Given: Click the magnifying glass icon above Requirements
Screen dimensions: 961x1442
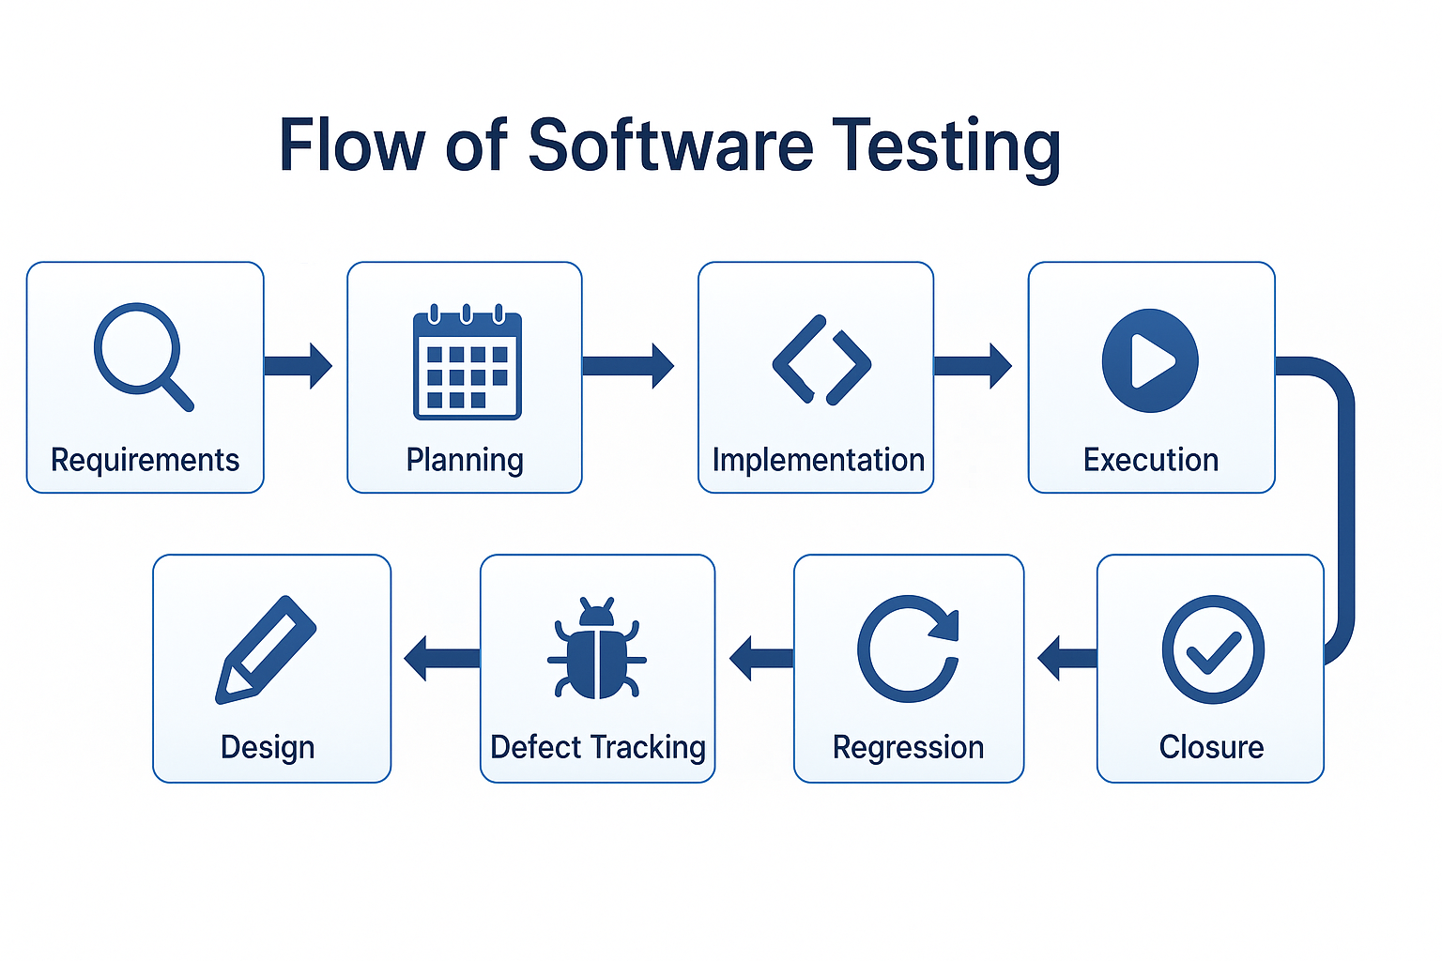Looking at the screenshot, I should pyautogui.click(x=141, y=355).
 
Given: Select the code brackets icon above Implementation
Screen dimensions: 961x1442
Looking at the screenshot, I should pyautogui.click(x=821, y=360).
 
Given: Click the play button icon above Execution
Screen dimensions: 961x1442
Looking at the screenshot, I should pyautogui.click(x=1150, y=360).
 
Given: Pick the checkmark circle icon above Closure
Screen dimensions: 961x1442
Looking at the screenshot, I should pyautogui.click(x=1213, y=649).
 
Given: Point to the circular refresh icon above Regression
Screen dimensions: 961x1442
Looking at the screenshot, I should pyautogui.click(x=908, y=648).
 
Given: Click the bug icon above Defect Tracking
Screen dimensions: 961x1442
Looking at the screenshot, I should pyautogui.click(x=597, y=649).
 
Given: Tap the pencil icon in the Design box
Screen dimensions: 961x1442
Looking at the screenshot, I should pyautogui.click(x=266, y=648).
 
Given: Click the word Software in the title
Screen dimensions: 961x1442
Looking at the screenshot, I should pyautogui.click(x=670, y=145).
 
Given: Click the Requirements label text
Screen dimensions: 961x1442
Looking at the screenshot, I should pyautogui.click(x=146, y=460).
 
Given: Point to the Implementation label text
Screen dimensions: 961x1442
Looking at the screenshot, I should pyautogui.click(x=818, y=460).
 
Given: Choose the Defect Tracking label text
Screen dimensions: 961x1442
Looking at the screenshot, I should pyautogui.click(x=598, y=747).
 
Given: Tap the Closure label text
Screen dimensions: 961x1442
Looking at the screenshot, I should pyautogui.click(x=1211, y=747).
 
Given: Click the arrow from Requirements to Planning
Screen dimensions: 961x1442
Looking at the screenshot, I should pyautogui.click(x=298, y=366).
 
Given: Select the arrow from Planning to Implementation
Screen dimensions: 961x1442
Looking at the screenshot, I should pyautogui.click(x=627, y=366).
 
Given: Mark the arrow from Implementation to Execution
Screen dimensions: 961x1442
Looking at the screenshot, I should pyautogui.click(x=973, y=366).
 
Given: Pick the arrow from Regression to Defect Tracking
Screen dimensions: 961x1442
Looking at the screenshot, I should pyautogui.click(x=760, y=658).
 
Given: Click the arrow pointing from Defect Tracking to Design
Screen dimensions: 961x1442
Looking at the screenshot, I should pyautogui.click(x=441, y=658).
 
